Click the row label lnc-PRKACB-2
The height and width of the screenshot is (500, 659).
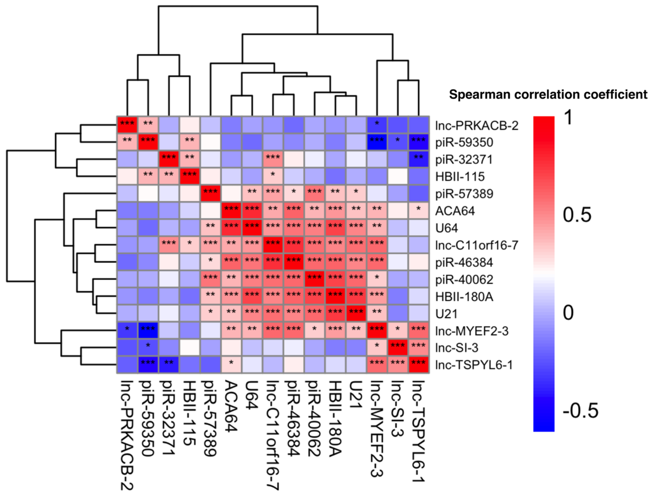(x=476, y=126)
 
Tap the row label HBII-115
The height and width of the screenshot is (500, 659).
(x=460, y=177)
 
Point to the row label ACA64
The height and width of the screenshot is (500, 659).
(x=455, y=211)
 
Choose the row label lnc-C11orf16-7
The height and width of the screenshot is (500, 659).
(x=476, y=245)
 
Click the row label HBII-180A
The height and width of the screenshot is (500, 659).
(x=464, y=297)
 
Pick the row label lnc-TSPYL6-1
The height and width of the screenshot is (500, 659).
(x=474, y=365)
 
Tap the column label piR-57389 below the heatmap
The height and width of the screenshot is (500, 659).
(x=210, y=418)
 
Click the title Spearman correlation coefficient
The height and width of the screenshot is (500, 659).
(x=548, y=95)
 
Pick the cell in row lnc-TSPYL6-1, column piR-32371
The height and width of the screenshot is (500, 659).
(x=169, y=364)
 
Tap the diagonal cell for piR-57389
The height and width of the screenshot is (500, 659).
(x=210, y=193)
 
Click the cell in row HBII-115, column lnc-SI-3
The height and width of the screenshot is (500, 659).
(x=398, y=176)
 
